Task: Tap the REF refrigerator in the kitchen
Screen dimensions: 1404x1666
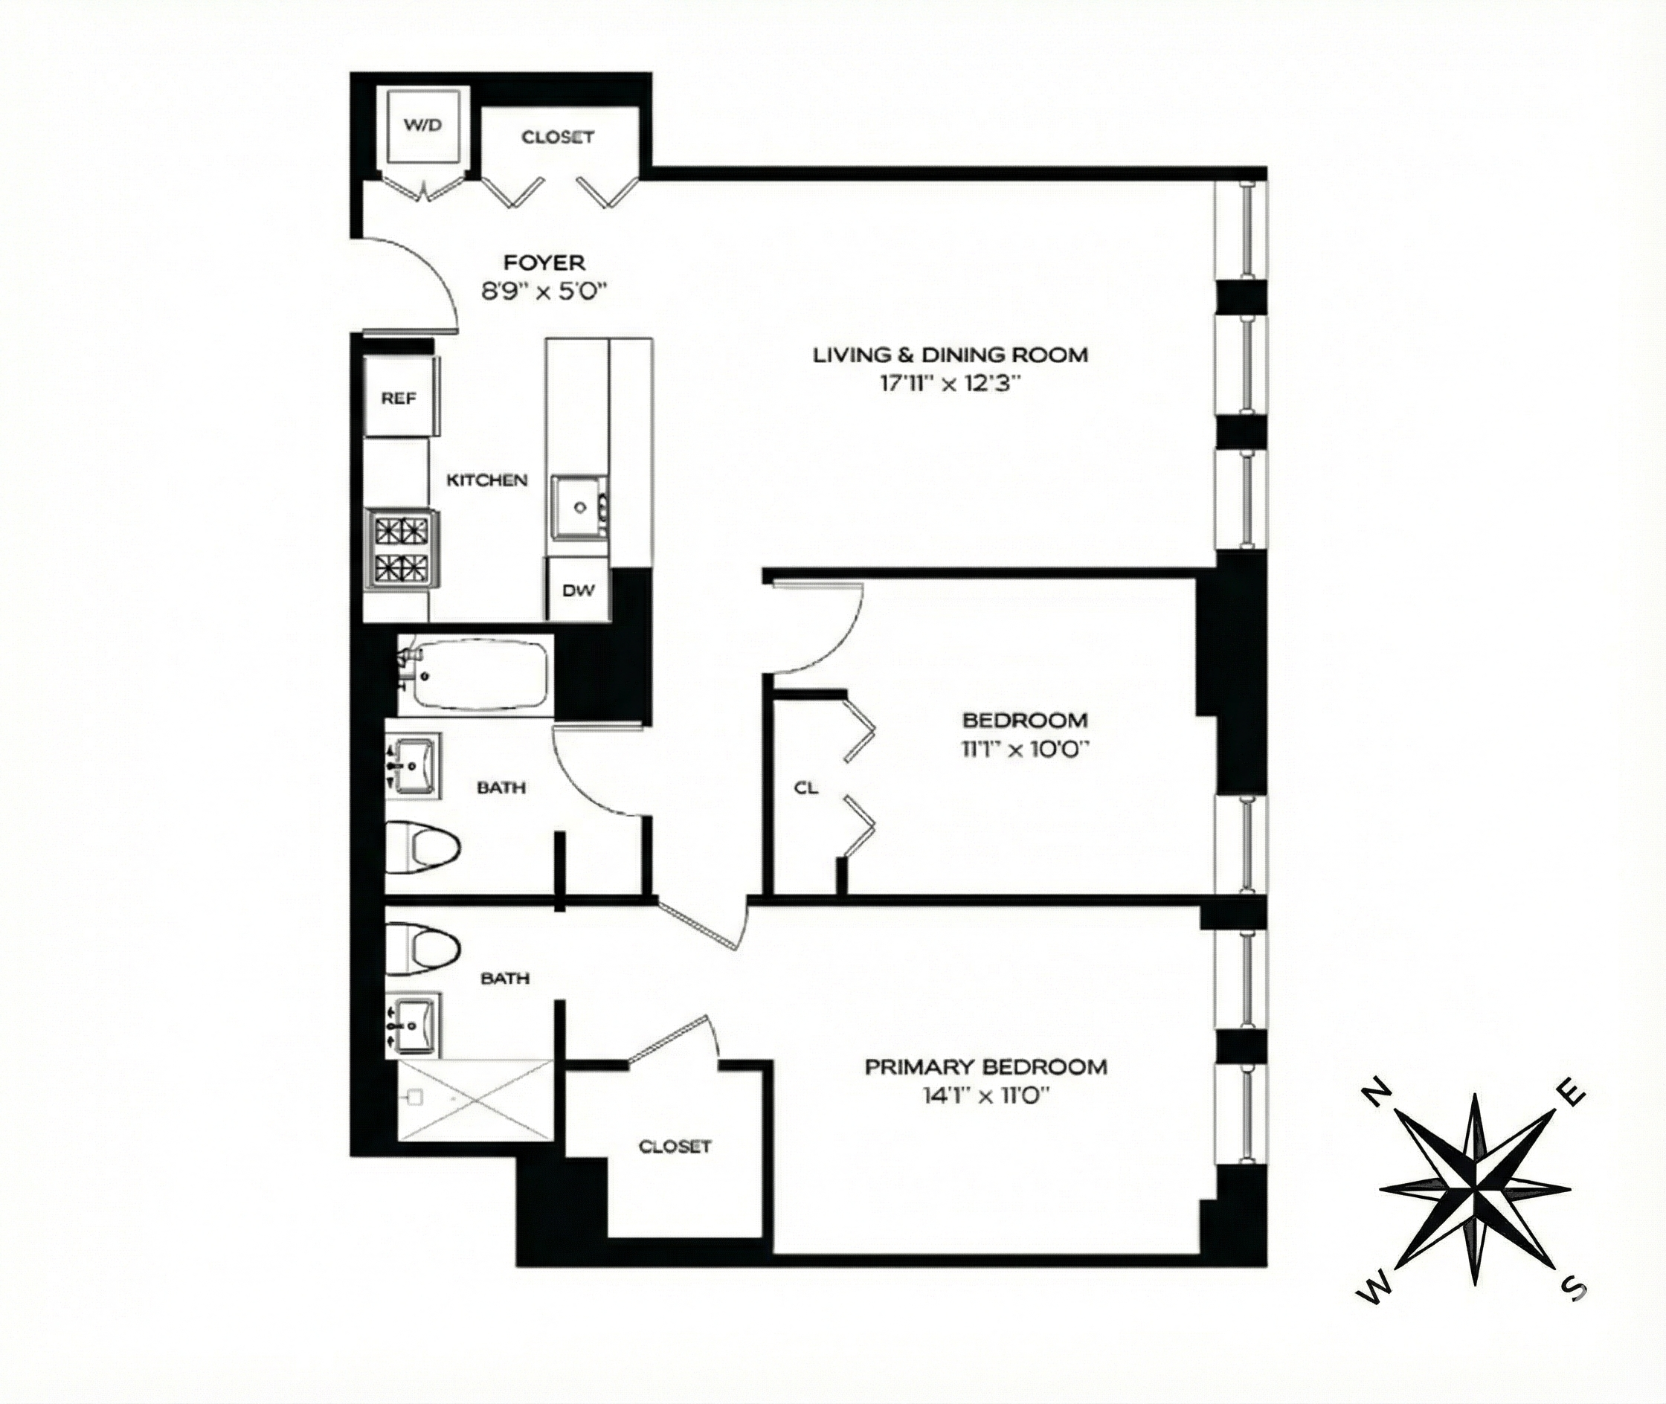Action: [x=399, y=398]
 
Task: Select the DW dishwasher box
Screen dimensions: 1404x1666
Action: [x=579, y=590]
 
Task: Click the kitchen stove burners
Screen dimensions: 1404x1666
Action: [x=401, y=550]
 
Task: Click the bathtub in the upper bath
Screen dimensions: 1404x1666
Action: [x=478, y=676]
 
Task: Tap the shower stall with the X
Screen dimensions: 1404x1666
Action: [x=475, y=1100]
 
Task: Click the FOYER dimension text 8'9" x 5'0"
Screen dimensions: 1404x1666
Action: [x=544, y=292]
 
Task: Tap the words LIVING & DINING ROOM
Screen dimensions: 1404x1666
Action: [x=951, y=355]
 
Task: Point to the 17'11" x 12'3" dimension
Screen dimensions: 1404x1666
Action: [x=951, y=384]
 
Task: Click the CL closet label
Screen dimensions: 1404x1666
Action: [x=806, y=788]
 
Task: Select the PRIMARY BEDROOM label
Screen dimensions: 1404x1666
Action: [x=986, y=1066]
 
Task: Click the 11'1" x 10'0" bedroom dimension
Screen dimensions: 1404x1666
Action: [x=1025, y=749]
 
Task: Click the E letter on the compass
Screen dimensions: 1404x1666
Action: [x=1575, y=1096]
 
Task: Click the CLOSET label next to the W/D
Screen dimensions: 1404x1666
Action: [x=558, y=137]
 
